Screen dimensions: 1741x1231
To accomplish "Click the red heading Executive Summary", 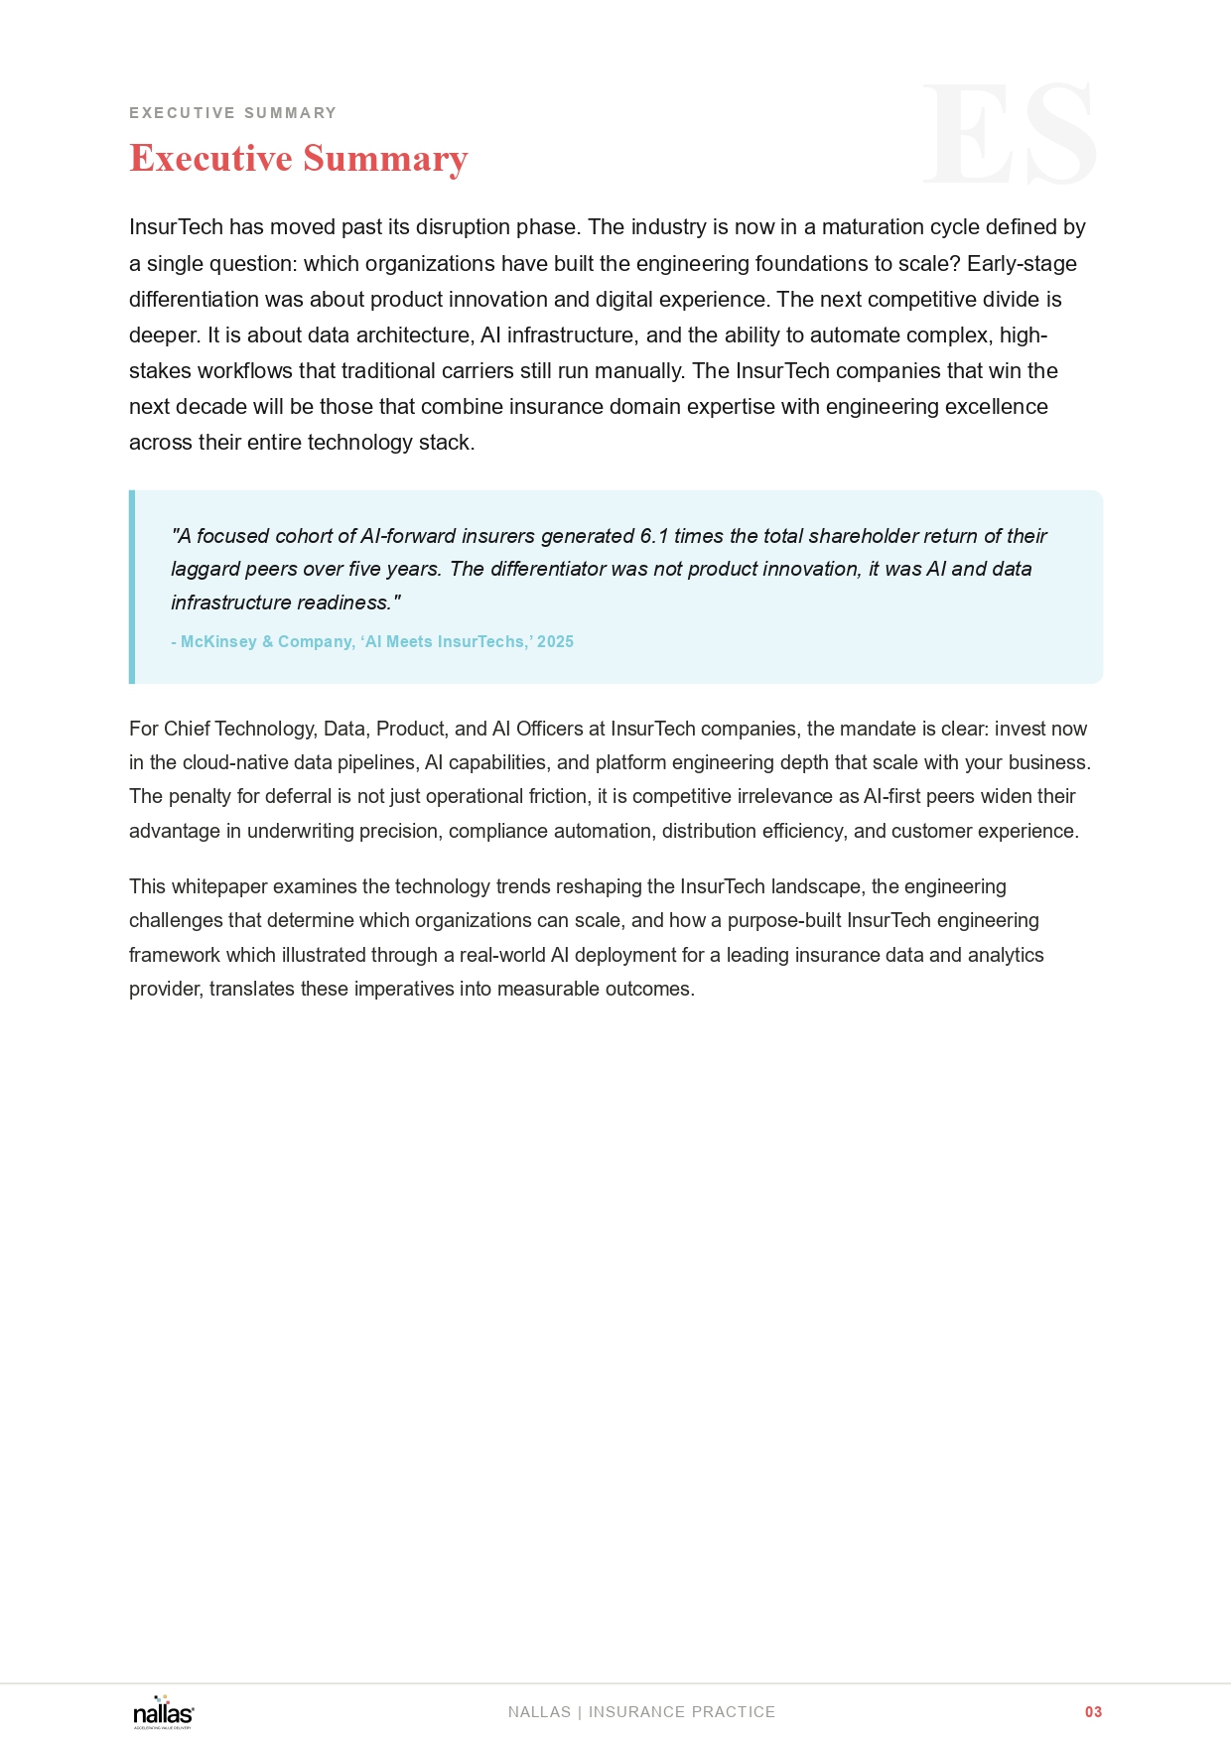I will pyautogui.click(x=298, y=159).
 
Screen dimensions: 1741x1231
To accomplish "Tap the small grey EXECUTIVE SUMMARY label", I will pyautogui.click(x=232, y=113).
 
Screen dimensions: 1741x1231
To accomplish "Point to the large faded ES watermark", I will pyautogui.click(x=1010, y=134).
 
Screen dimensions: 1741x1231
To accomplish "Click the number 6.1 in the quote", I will pyautogui.click(x=654, y=536).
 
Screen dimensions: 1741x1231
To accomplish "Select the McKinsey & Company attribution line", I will pyautogui.click(x=372, y=642).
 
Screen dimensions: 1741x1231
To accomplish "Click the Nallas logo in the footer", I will pyautogui.click(x=164, y=1712).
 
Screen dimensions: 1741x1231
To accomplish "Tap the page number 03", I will pyautogui.click(x=1093, y=1712).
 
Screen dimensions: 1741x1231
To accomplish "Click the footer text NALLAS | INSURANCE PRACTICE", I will pyautogui.click(x=641, y=1712).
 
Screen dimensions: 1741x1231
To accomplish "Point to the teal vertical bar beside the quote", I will pyautogui.click(x=132, y=587).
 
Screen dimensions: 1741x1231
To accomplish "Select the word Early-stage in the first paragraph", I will pyautogui.click(x=1022, y=264).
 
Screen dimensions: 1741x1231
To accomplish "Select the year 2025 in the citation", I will pyautogui.click(x=555, y=642).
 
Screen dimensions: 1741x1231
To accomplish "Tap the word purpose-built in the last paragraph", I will pyautogui.click(x=784, y=920).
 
